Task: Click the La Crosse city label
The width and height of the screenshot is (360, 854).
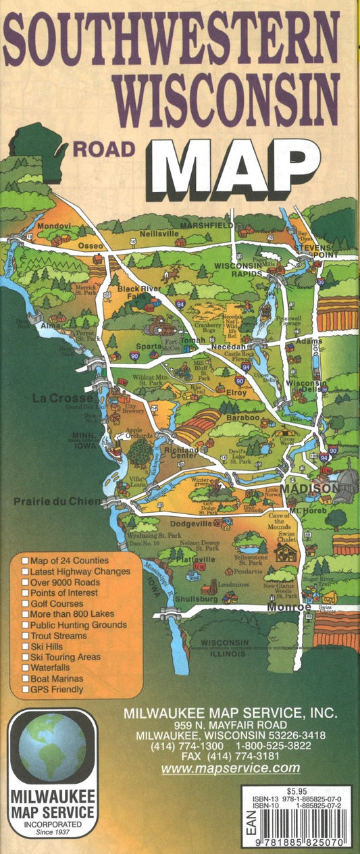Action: coord(57,399)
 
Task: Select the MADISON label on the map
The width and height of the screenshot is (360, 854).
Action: coord(310,488)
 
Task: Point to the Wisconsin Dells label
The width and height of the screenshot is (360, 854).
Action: coord(306,387)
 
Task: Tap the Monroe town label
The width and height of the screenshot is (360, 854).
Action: coord(288,607)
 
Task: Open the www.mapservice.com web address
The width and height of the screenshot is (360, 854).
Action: coord(230,768)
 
